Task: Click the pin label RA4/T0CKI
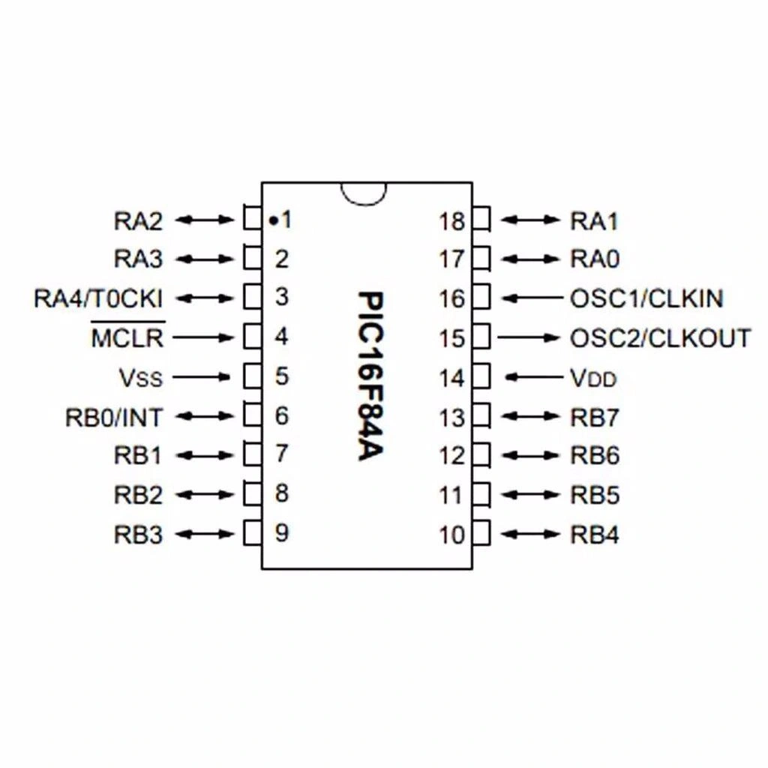click(98, 298)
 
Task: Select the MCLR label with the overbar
click(127, 337)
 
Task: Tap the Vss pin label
click(139, 377)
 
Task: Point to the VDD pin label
click(593, 377)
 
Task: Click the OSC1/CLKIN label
click(646, 298)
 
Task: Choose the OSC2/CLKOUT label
click(660, 337)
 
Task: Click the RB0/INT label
click(114, 417)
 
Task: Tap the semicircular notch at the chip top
click(365, 191)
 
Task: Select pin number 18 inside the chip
click(452, 221)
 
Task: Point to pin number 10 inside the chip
click(452, 535)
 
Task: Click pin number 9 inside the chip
click(281, 533)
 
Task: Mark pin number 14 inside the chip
click(452, 378)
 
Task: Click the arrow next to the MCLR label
click(204, 337)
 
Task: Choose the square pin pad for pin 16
click(482, 297)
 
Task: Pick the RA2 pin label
click(138, 220)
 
